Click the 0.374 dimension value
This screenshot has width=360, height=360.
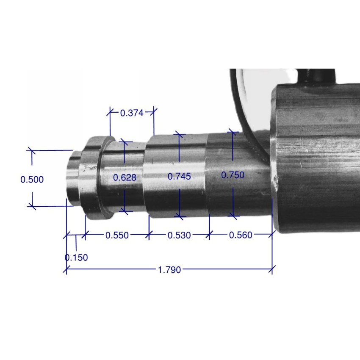[x=132, y=113]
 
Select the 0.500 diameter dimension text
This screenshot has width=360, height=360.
[x=32, y=179]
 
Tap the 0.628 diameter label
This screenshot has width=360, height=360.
[x=125, y=177]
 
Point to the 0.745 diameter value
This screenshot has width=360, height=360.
[x=179, y=177]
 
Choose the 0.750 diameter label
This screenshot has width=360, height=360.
[x=233, y=175]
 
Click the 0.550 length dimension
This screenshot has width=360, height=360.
[x=117, y=235]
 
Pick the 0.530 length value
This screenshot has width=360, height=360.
[x=179, y=235]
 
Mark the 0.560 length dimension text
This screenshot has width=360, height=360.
[x=241, y=235]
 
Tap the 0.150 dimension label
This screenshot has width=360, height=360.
[x=77, y=258]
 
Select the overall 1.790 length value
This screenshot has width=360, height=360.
[x=169, y=269]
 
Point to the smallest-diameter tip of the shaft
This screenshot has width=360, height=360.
[x=72, y=178]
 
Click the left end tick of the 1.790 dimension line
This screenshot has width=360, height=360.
[x=66, y=269]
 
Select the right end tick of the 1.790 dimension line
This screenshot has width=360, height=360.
[x=272, y=269]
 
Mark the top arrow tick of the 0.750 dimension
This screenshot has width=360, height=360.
[x=232, y=132]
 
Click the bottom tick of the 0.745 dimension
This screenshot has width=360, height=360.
[x=180, y=217]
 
